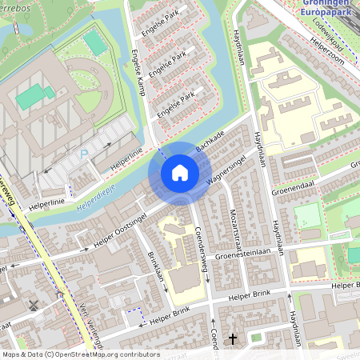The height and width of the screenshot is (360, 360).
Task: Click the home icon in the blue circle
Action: coord(180,173)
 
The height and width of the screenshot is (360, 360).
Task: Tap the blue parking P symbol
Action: coord(83,154)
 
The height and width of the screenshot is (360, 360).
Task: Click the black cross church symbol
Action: coord(233,339)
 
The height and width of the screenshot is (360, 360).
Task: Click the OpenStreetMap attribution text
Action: coord(70,354)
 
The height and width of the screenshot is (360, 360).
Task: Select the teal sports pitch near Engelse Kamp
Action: coord(94,42)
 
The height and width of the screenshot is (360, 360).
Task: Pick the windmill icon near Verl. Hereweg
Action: coord(33,305)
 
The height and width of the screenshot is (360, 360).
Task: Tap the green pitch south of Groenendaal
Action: coord(307,216)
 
